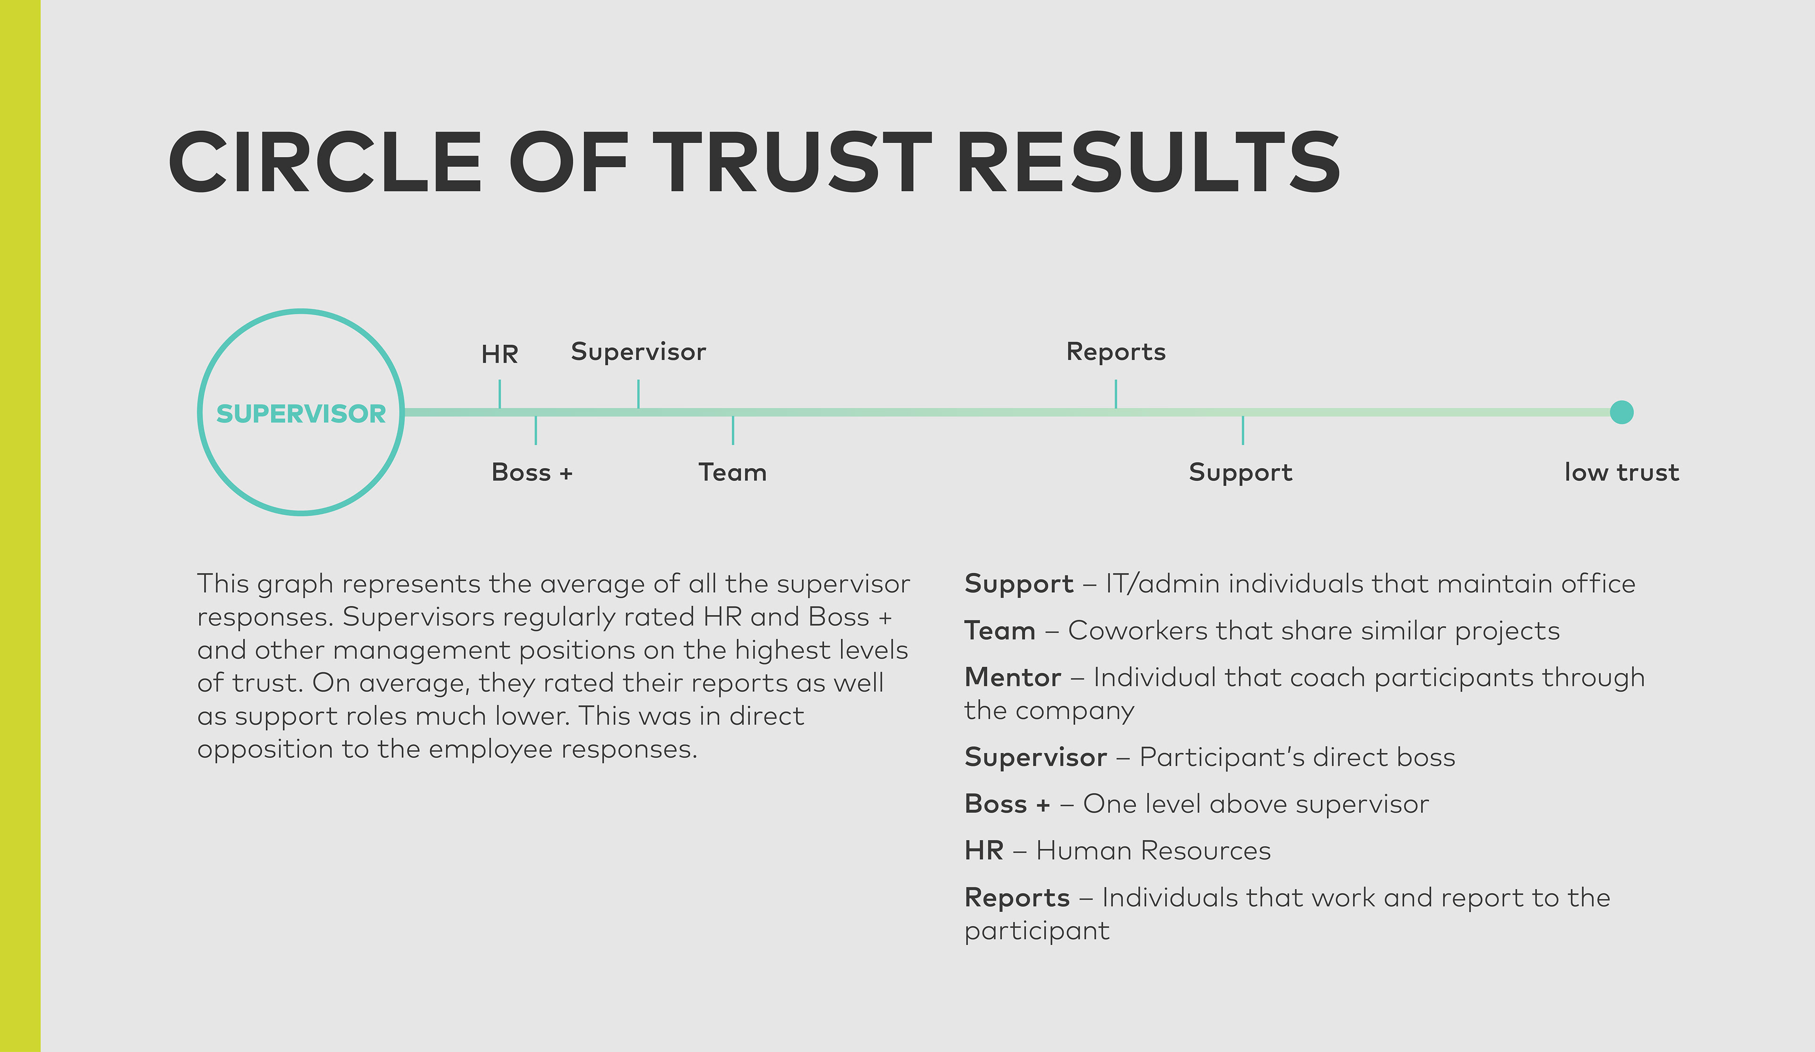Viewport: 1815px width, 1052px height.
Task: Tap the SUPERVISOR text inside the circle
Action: [301, 414]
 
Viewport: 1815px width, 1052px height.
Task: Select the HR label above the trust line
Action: [500, 354]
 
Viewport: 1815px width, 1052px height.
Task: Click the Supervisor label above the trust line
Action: [638, 352]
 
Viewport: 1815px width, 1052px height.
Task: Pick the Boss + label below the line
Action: [532, 472]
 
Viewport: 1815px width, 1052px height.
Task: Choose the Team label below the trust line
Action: [733, 472]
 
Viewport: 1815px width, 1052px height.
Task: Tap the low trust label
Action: [1621, 472]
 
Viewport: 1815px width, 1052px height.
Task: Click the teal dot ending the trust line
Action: [1621, 413]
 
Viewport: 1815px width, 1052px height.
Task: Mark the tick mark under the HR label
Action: [500, 395]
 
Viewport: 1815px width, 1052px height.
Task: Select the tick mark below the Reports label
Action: [1115, 395]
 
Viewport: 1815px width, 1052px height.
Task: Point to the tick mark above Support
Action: [1243, 430]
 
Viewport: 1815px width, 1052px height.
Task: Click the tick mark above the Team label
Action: [733, 430]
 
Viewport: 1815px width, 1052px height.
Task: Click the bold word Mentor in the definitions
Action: [1012, 678]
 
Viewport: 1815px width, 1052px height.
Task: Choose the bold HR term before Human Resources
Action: [984, 850]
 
